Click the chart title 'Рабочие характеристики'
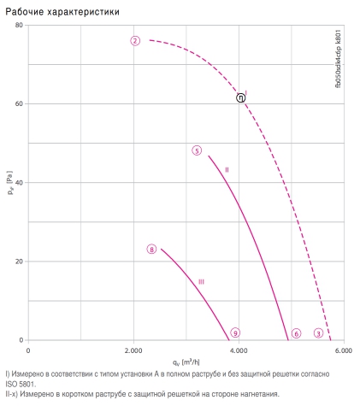coord(62,12)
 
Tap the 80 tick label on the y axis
coord(19,25)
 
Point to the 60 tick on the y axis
coord(19,103)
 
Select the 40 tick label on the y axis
coord(19,183)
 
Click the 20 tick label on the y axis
coord(19,262)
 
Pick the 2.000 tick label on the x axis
coord(133,350)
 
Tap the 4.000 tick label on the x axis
coord(239,350)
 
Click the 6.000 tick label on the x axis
coord(344,350)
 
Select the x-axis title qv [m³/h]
coord(186,362)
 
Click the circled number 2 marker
coord(135,41)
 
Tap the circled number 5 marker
coord(197,150)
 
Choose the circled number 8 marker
coord(151,250)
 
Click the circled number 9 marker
coord(235,332)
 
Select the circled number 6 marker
coord(297,333)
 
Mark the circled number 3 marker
coord(318,333)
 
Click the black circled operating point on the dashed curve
coord(241,98)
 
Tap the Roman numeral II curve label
coord(227,170)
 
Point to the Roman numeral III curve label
coord(201,282)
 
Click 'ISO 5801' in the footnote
coord(21,384)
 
